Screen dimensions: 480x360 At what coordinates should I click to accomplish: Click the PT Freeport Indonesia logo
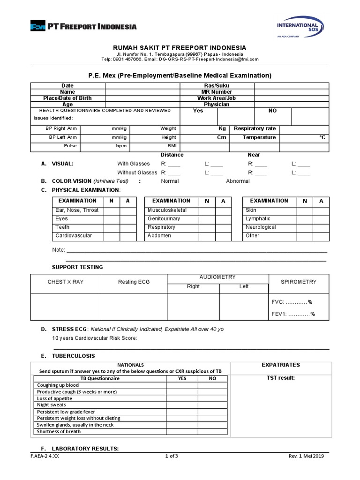pyautogui.click(x=83, y=26)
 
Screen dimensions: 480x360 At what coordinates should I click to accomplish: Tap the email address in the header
pyautogui.click(x=209, y=60)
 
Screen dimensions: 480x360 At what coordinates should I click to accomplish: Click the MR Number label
pyautogui.click(x=217, y=92)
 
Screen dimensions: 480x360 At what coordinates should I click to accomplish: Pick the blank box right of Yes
pyautogui.click(x=235, y=116)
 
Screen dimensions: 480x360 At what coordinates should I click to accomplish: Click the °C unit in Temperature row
pyautogui.click(x=322, y=138)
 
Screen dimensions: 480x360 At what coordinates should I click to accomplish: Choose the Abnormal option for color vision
pyautogui.click(x=238, y=181)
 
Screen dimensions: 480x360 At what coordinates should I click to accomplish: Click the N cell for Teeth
pyautogui.click(x=112, y=227)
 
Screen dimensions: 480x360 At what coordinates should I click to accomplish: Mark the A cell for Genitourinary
pyautogui.click(x=223, y=219)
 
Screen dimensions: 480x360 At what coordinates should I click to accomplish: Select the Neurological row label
pyautogui.click(x=261, y=227)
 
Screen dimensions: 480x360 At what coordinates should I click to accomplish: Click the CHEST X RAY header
pyautogui.click(x=66, y=282)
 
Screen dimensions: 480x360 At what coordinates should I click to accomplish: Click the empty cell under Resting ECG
pyautogui.click(x=134, y=307)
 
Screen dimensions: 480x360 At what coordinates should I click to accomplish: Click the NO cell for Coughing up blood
pyautogui.click(x=212, y=385)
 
